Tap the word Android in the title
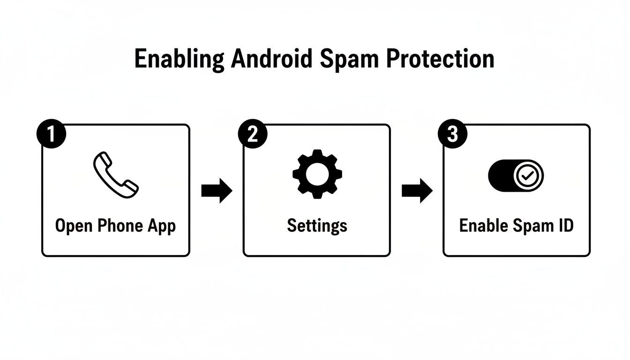[271, 59]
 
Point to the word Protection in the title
[441, 59]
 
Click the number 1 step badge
[51, 135]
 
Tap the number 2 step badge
[252, 135]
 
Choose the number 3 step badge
[452, 135]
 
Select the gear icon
[317, 173]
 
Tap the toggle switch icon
[516, 176]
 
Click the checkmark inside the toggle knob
[528, 176]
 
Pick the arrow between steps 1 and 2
[217, 190]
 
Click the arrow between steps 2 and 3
[417, 190]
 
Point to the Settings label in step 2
[317, 226]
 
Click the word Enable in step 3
[483, 225]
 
